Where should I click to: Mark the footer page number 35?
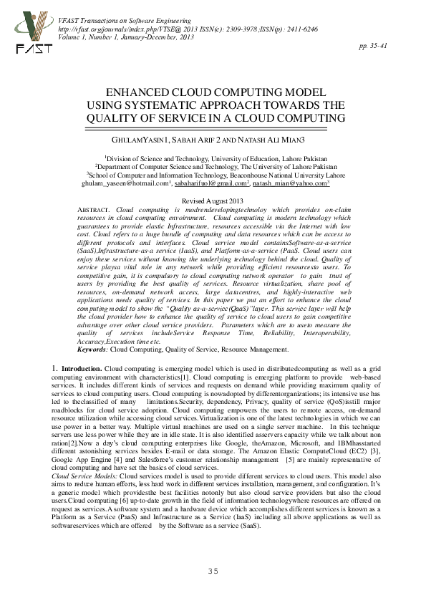(x=213, y=570)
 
